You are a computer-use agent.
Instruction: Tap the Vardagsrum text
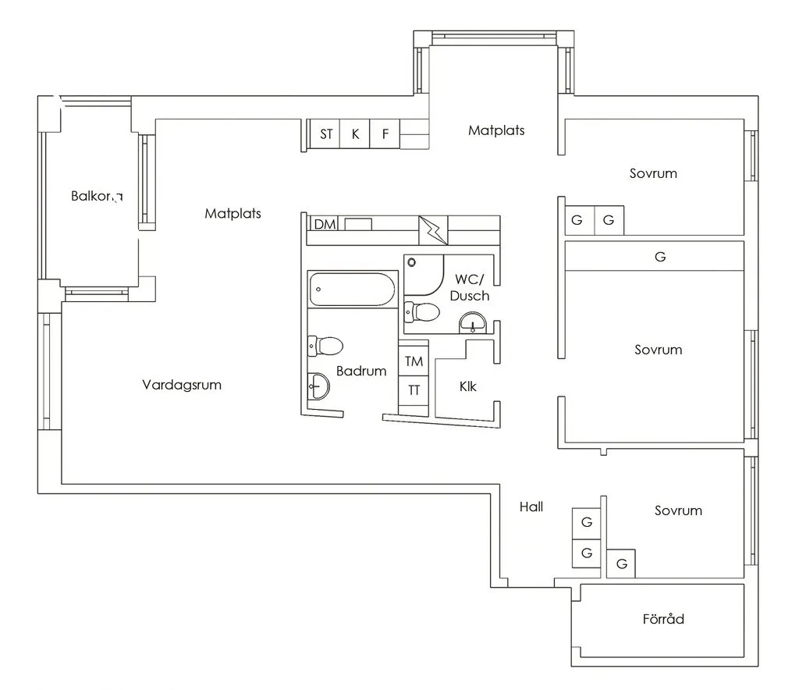pyautogui.click(x=182, y=385)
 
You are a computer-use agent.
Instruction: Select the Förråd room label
pyautogui.click(x=663, y=619)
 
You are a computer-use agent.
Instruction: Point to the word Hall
pyautogui.click(x=531, y=507)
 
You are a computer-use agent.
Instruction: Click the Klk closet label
pyautogui.click(x=468, y=386)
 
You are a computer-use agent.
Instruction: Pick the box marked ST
pyautogui.click(x=326, y=134)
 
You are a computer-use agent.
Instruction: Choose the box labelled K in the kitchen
pyautogui.click(x=355, y=134)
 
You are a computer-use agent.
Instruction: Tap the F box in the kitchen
pyautogui.click(x=385, y=134)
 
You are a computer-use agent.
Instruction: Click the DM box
pyautogui.click(x=325, y=225)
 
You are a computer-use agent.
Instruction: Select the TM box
pyautogui.click(x=414, y=361)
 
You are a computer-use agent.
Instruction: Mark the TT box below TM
pyautogui.click(x=414, y=389)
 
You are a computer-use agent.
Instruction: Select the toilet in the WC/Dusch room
pyautogui.click(x=422, y=312)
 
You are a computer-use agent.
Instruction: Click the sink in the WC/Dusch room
pyautogui.click(x=472, y=322)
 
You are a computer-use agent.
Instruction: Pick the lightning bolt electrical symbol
pyautogui.click(x=434, y=229)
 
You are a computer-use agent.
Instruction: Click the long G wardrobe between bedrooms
pyautogui.click(x=660, y=256)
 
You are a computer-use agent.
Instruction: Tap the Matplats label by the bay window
pyautogui.click(x=496, y=130)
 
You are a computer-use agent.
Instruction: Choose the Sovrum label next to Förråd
pyautogui.click(x=678, y=510)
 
